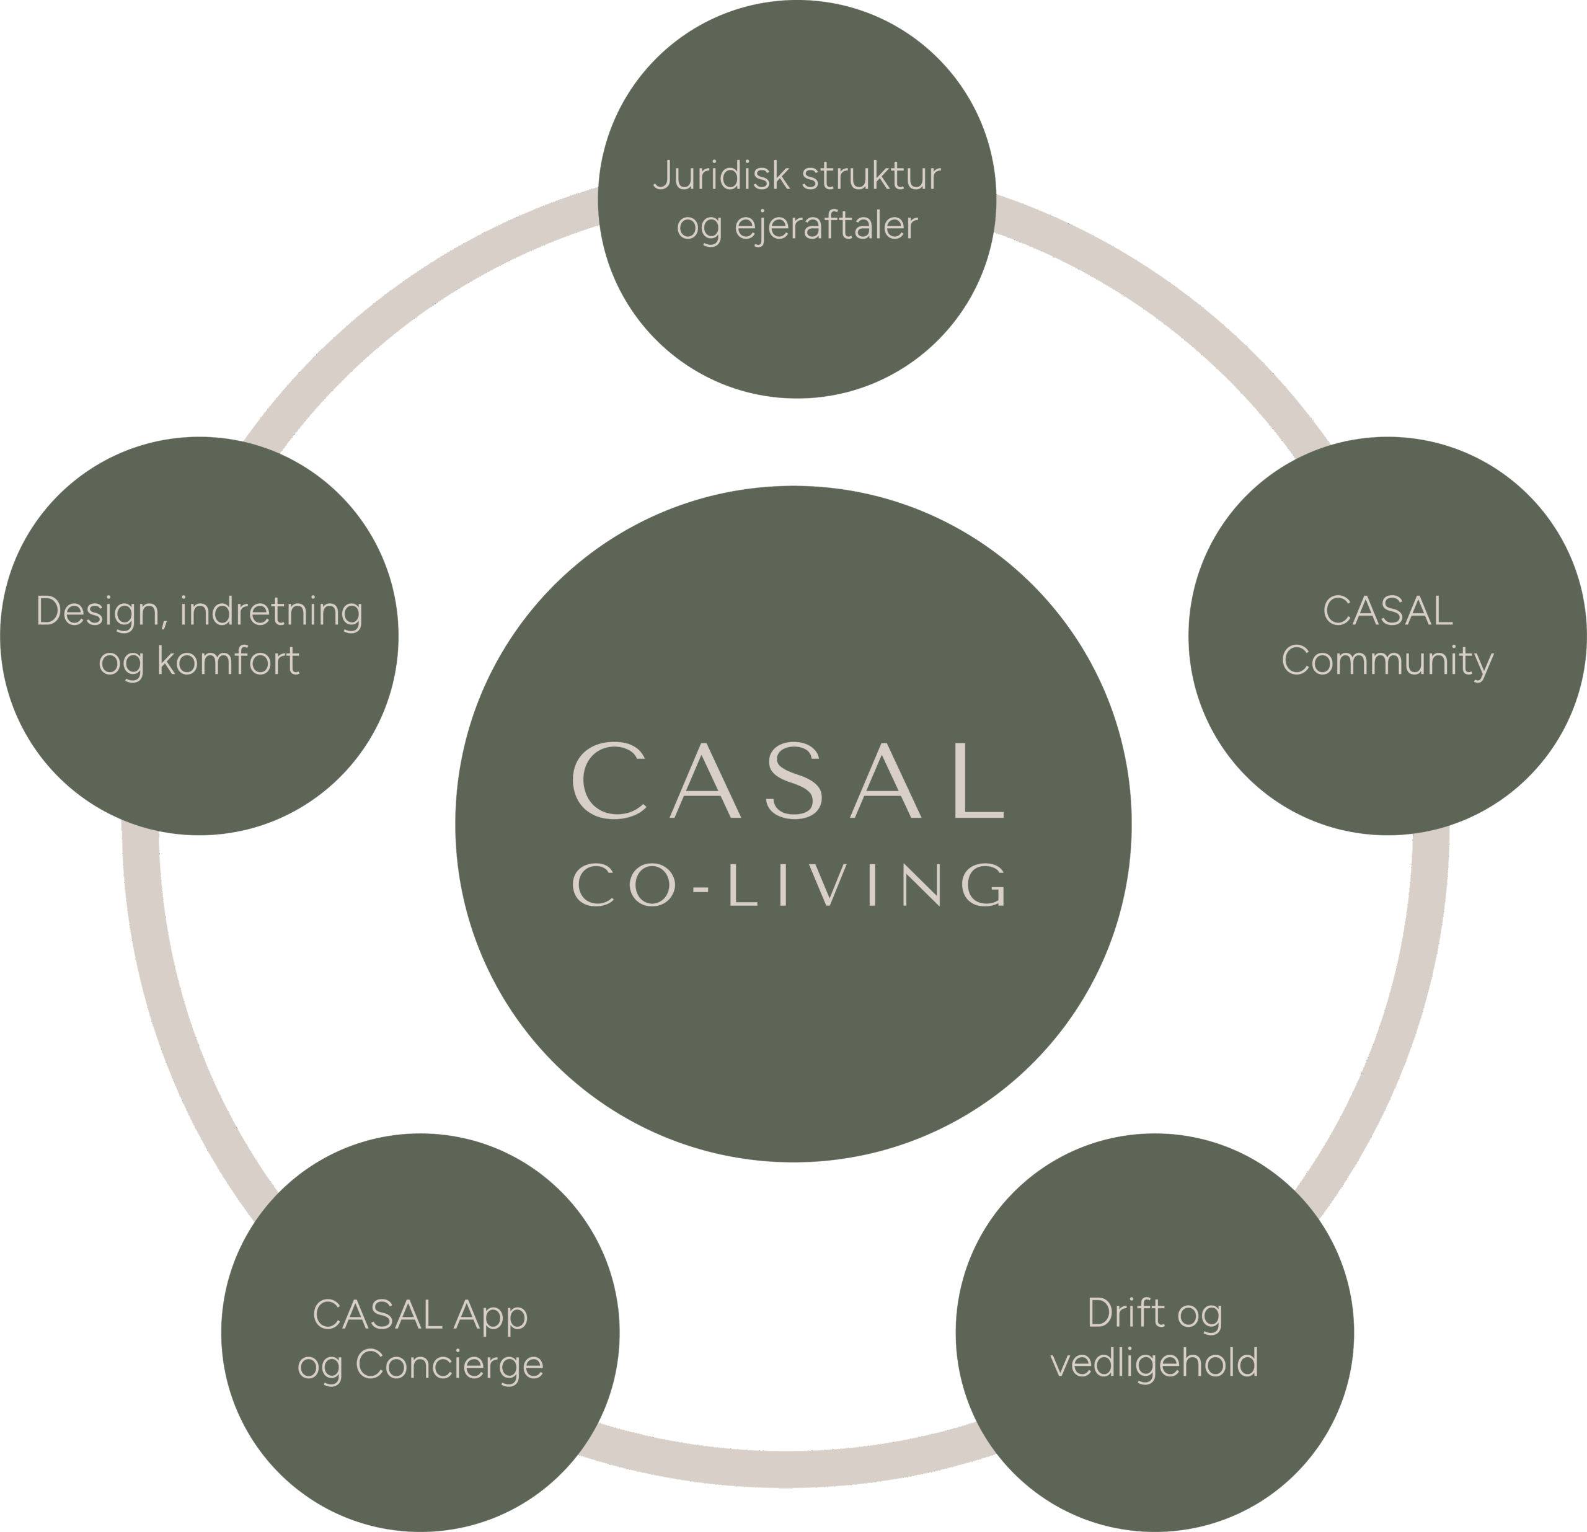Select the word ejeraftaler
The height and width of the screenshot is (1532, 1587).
coord(826,226)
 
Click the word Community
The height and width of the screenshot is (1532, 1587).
coord(1387,662)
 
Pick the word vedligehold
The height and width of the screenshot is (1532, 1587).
coord(1155,1363)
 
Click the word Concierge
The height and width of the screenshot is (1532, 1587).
coord(449,1365)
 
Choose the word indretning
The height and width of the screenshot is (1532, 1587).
coord(272,612)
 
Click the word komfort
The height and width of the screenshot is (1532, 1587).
coord(228,662)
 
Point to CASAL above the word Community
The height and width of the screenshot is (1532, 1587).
coord(1387,611)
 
